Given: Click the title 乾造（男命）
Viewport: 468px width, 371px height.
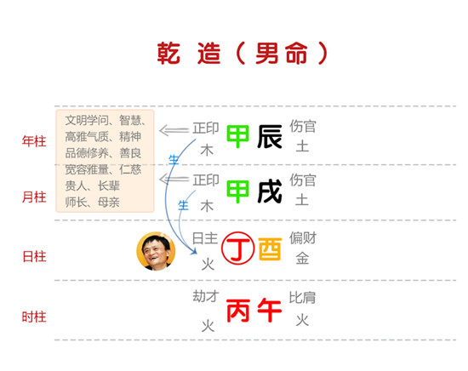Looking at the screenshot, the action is coord(243,53).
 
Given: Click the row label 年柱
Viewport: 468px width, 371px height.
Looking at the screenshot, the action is coord(34,141).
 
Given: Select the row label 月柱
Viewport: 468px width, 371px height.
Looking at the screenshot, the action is coord(34,197).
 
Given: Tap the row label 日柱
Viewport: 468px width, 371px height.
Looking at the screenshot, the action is coord(34,256).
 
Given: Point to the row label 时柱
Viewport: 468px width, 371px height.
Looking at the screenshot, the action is coord(34,317).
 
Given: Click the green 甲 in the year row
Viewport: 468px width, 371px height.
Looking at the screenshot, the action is coord(237,137).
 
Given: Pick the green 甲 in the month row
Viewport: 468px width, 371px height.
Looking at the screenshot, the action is coord(237,191).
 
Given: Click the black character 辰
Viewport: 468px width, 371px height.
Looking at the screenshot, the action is coord(270,137).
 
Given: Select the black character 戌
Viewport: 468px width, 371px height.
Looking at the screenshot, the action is coord(270,191).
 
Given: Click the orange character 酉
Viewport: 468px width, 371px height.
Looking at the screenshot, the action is coord(270,249).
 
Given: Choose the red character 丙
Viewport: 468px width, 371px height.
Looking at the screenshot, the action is coord(238,311).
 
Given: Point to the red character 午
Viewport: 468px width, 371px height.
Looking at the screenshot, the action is coord(270,311).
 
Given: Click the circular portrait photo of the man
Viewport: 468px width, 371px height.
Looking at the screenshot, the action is coord(156,251).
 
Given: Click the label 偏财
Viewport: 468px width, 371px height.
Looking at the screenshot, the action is coord(303,238).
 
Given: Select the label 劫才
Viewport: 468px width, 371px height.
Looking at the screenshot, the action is coord(206,296).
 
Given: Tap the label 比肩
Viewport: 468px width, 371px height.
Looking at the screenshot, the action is coord(302,298).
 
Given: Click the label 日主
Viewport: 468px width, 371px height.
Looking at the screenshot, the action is coord(205,238).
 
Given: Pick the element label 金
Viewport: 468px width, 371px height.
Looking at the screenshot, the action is coord(302,258).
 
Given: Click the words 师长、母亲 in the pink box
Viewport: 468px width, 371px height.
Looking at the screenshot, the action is coord(92,203).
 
